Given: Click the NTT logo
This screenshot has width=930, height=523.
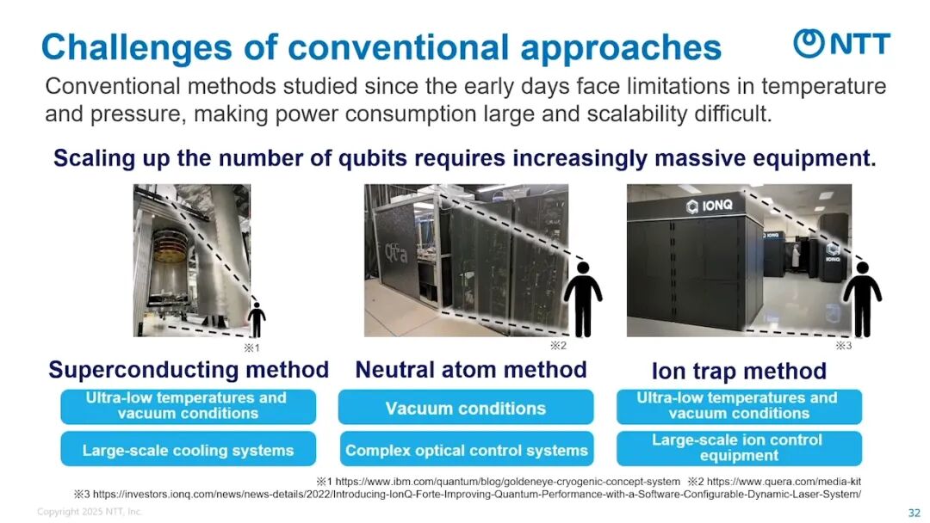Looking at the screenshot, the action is [x=841, y=43].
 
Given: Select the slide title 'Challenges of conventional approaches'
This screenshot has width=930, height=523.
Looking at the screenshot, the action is [x=381, y=46].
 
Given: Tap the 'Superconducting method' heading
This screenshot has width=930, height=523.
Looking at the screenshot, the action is [x=189, y=370].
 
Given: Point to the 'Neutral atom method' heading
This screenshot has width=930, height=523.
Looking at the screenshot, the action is [x=471, y=370].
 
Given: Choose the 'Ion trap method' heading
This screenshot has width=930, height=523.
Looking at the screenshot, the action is [x=739, y=372].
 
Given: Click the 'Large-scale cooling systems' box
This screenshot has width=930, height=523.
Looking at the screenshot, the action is [x=188, y=450].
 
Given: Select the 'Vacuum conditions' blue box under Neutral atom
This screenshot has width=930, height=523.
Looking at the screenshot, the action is [x=466, y=408].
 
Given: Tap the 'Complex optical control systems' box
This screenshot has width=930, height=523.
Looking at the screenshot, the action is [x=466, y=450].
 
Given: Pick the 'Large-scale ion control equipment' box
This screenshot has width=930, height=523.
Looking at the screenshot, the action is [x=739, y=448].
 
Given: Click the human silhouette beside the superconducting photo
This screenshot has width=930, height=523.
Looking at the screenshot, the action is [x=257, y=320].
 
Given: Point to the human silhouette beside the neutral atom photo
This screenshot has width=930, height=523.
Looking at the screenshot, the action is [x=583, y=299].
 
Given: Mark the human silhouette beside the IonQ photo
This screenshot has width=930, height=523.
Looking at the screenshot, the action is [x=862, y=299].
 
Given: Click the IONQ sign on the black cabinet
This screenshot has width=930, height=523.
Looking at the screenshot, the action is [x=710, y=206].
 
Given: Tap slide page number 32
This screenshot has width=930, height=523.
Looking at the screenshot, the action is [x=914, y=513].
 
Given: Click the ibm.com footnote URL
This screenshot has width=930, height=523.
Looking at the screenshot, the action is [x=508, y=482].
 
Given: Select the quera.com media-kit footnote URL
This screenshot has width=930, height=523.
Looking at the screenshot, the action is [x=784, y=482].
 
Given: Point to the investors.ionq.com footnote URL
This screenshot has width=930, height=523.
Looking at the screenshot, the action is [x=477, y=494].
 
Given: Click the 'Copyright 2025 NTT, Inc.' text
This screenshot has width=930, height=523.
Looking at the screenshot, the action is [x=90, y=511].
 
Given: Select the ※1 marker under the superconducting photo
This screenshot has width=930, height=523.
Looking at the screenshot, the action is [x=251, y=348].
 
